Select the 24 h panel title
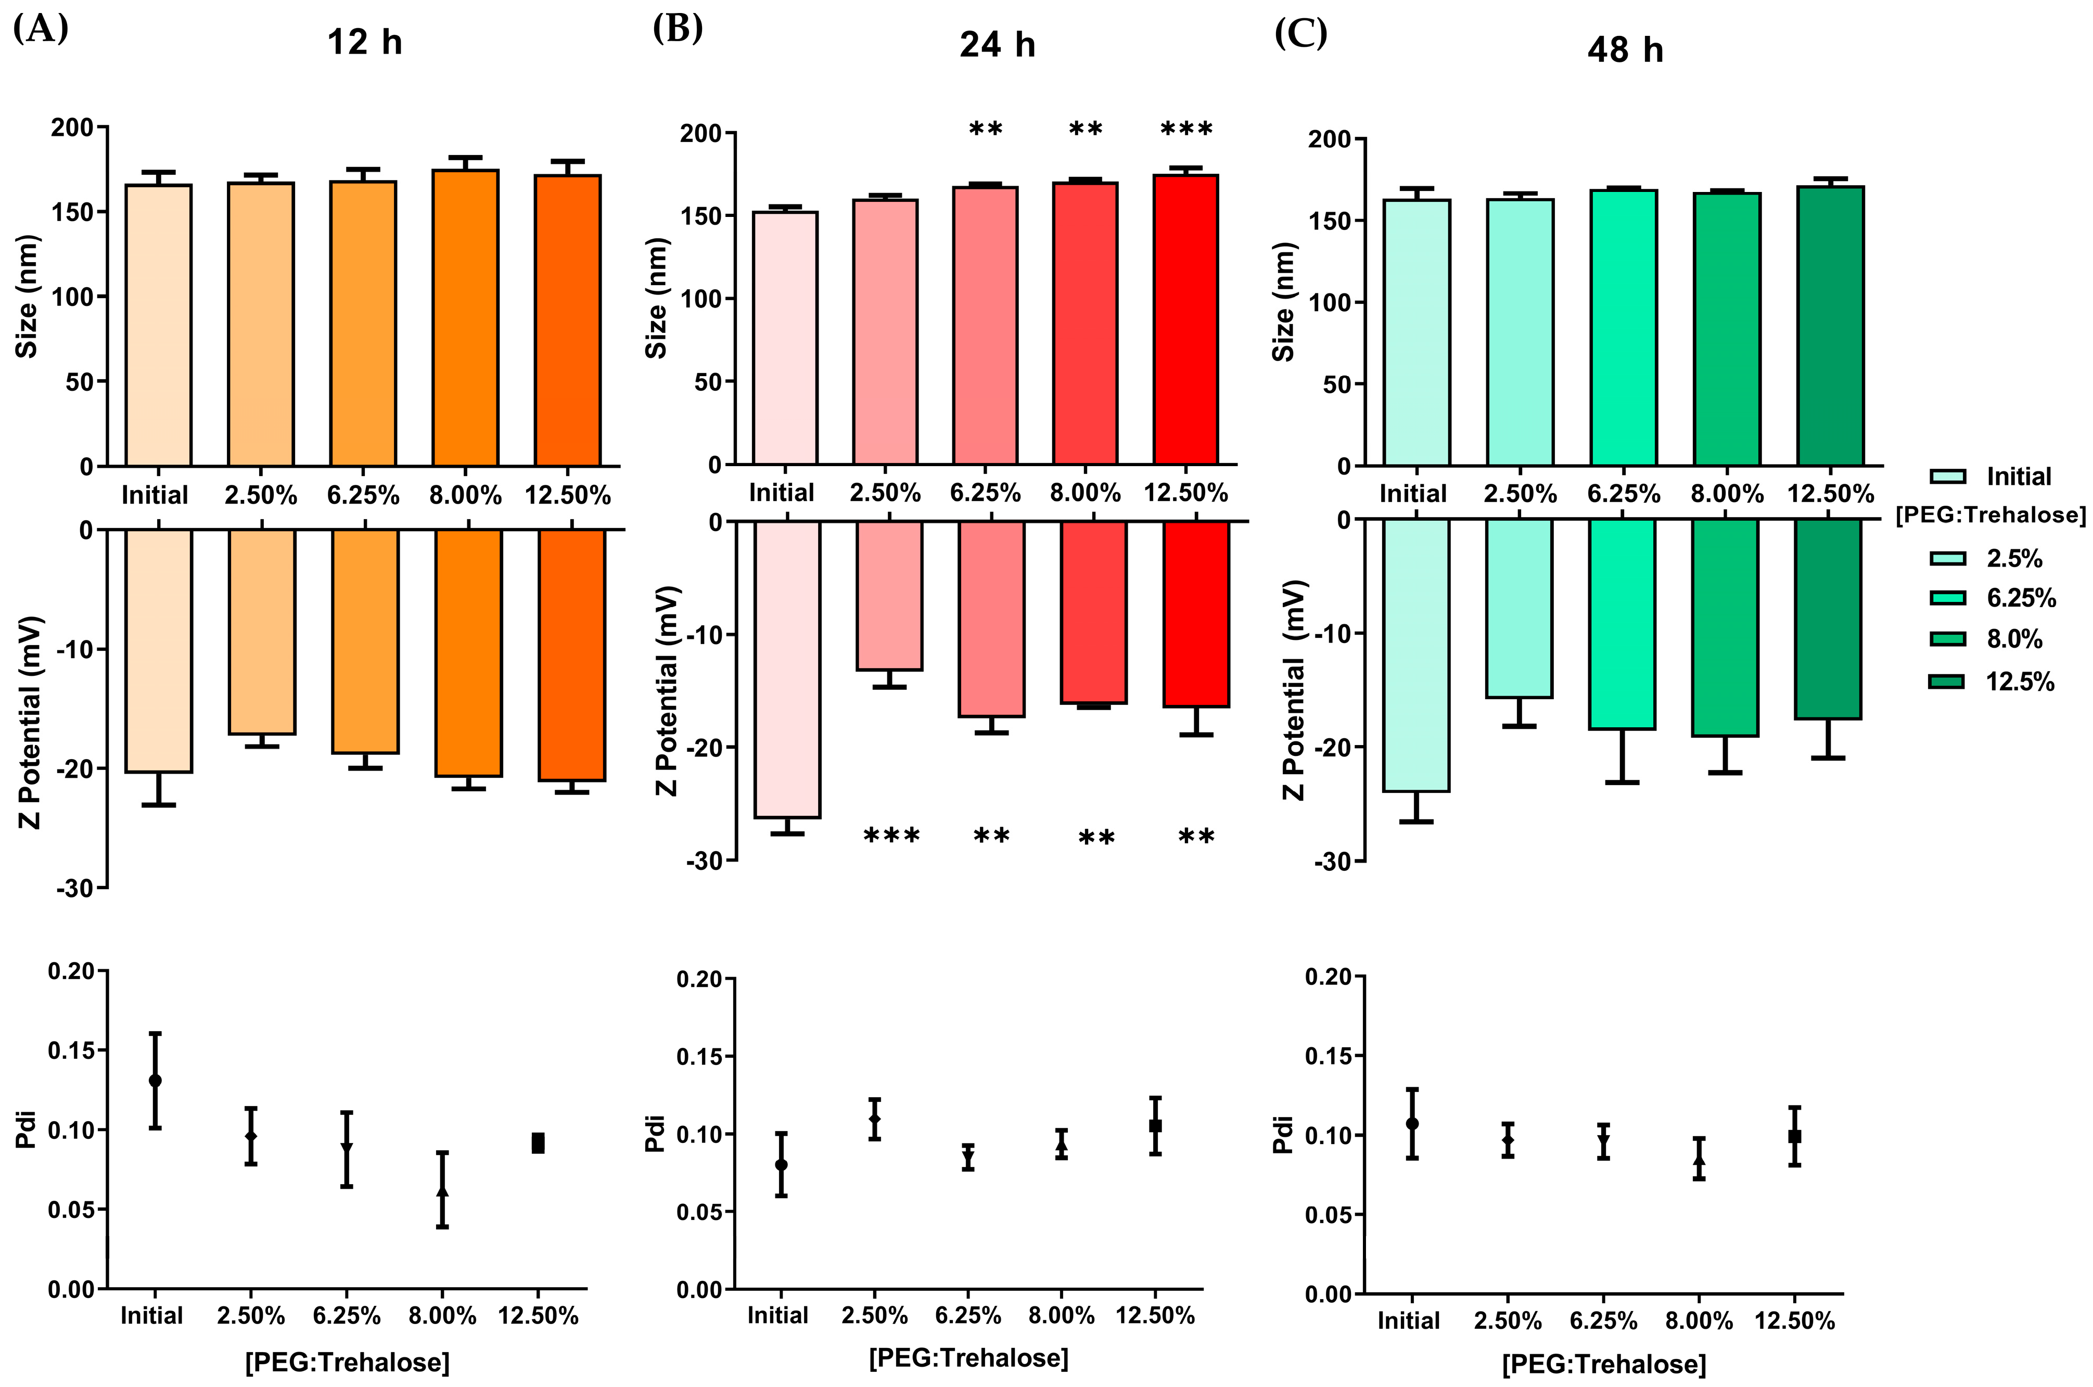coord(997,44)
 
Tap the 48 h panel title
coord(1625,49)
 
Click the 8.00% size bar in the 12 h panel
coord(465,317)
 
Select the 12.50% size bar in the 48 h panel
coord(1830,326)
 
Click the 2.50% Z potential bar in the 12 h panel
coord(262,632)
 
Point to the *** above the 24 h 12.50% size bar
coord(1186,129)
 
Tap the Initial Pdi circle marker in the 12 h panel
coord(155,1080)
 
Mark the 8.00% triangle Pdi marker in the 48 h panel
coord(1699,1160)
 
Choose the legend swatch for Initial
coord(1947,477)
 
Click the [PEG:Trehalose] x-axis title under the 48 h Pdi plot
coord(1603,1364)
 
